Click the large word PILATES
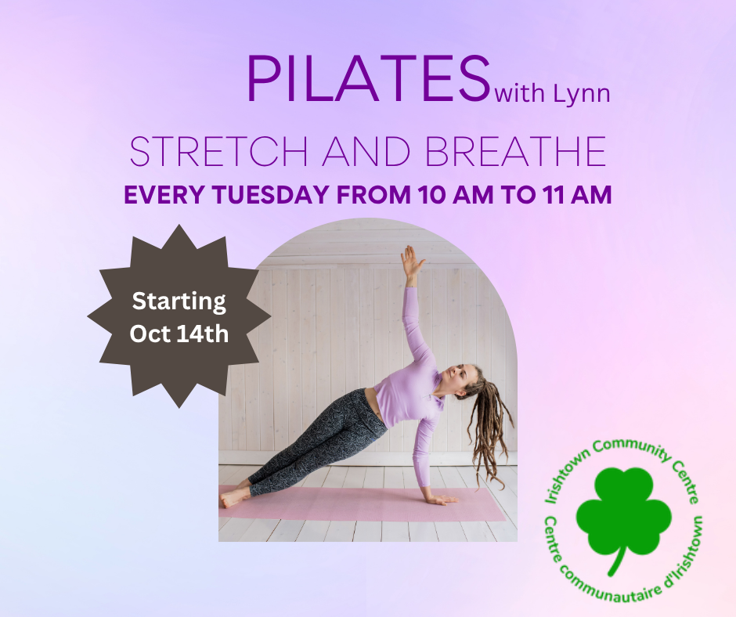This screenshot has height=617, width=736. click(x=369, y=78)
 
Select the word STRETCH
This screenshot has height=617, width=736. click(x=218, y=152)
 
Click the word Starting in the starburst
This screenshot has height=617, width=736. click(x=179, y=301)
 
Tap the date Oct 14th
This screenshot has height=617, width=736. click(x=179, y=334)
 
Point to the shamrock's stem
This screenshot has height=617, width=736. click(x=617, y=560)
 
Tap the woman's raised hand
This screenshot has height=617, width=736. click(x=411, y=262)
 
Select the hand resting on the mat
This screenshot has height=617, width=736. click(x=441, y=499)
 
